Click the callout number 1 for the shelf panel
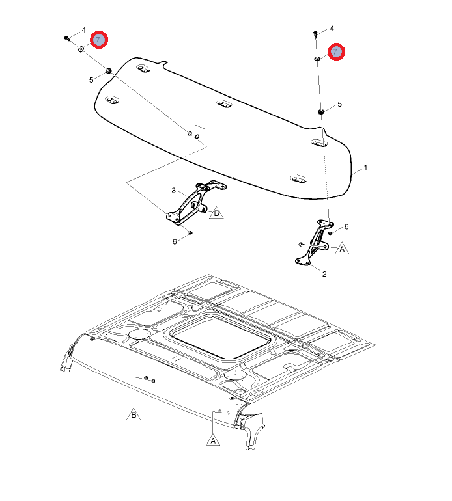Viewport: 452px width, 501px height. click(x=365, y=167)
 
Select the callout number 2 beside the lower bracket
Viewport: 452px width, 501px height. click(x=324, y=274)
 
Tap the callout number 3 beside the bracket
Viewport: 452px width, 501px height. click(x=173, y=191)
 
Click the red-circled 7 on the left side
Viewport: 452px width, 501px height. click(x=99, y=40)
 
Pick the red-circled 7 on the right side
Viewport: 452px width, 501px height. click(x=336, y=51)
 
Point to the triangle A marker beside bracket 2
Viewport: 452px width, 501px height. click(x=342, y=249)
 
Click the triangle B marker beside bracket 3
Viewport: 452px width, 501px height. click(x=216, y=213)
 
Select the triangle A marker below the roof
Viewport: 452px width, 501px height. click(x=213, y=440)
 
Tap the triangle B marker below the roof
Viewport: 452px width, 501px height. click(x=134, y=414)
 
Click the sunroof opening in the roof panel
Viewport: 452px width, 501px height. click(x=219, y=338)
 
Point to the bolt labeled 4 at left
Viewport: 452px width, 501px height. click(x=67, y=38)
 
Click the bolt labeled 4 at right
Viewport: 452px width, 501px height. click(x=315, y=34)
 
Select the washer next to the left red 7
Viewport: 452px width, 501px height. click(x=81, y=49)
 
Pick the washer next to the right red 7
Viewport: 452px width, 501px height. click(x=317, y=59)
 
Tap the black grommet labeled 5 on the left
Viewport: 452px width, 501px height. click(x=109, y=71)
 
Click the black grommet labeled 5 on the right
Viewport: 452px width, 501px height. click(x=321, y=111)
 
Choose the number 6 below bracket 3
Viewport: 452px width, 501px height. click(x=175, y=242)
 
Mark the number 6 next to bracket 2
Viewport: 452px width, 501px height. click(x=346, y=227)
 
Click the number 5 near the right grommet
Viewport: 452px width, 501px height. click(x=340, y=104)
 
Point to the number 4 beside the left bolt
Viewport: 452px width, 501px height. click(x=84, y=30)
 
